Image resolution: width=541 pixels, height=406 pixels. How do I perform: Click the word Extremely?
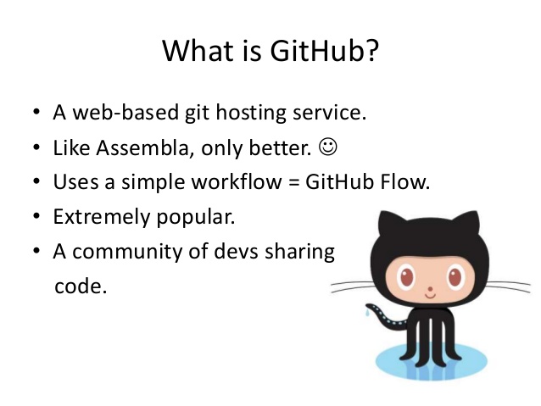[x=102, y=217]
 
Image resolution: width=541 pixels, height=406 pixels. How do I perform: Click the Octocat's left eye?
[x=409, y=276]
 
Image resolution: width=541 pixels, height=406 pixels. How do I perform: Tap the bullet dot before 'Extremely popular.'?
[x=36, y=218]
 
